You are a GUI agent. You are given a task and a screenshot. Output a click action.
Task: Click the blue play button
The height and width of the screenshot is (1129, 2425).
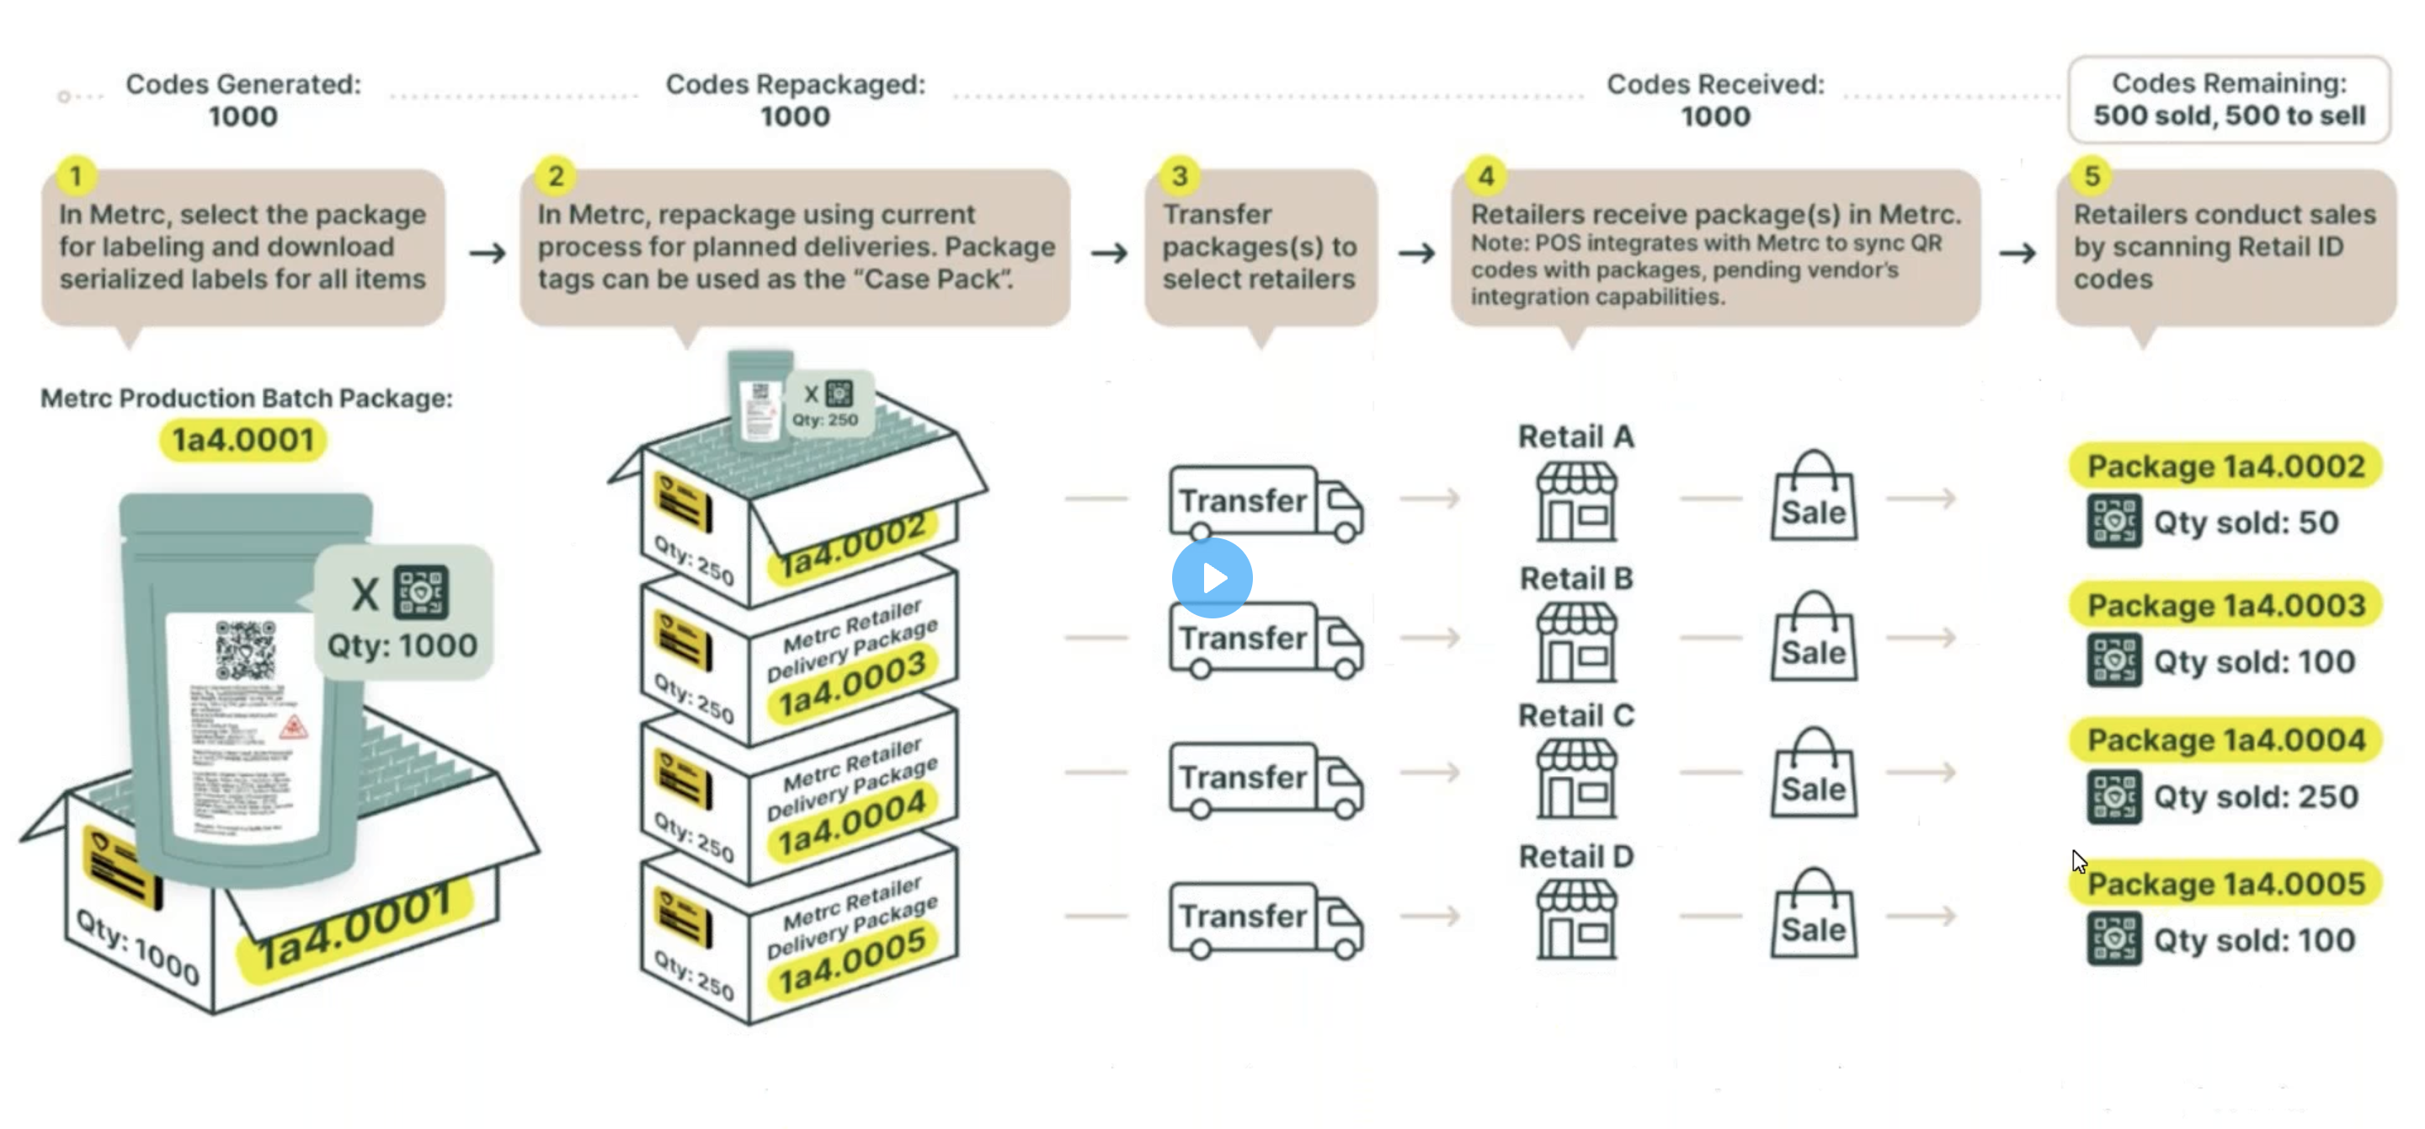(1212, 577)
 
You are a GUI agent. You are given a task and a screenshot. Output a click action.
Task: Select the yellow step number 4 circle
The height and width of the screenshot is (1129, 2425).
(1485, 175)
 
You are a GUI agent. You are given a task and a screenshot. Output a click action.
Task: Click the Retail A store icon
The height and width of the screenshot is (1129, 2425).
(1577, 502)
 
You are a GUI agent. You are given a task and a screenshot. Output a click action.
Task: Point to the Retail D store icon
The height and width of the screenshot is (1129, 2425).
(1577, 920)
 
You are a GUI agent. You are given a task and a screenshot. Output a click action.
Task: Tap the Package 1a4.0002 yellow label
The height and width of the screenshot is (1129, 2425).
(2225, 466)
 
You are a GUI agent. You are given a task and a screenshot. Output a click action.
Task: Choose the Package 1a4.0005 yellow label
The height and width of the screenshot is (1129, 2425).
(2225, 884)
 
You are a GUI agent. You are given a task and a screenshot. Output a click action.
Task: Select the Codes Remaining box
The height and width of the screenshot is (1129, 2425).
(2228, 99)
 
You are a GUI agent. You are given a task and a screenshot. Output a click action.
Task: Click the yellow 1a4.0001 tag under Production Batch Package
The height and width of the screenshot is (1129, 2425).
(242, 440)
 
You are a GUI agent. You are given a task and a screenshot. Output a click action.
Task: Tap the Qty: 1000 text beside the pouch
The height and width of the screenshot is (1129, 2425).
(402, 646)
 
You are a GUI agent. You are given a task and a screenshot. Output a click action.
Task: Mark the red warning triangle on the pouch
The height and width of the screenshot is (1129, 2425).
(293, 726)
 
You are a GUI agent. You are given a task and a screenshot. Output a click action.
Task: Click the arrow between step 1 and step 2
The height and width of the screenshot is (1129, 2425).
(487, 253)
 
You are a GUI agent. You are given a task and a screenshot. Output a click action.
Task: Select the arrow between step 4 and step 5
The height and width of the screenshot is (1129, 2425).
(2017, 253)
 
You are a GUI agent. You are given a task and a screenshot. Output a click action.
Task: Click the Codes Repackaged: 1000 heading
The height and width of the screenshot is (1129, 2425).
(796, 99)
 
